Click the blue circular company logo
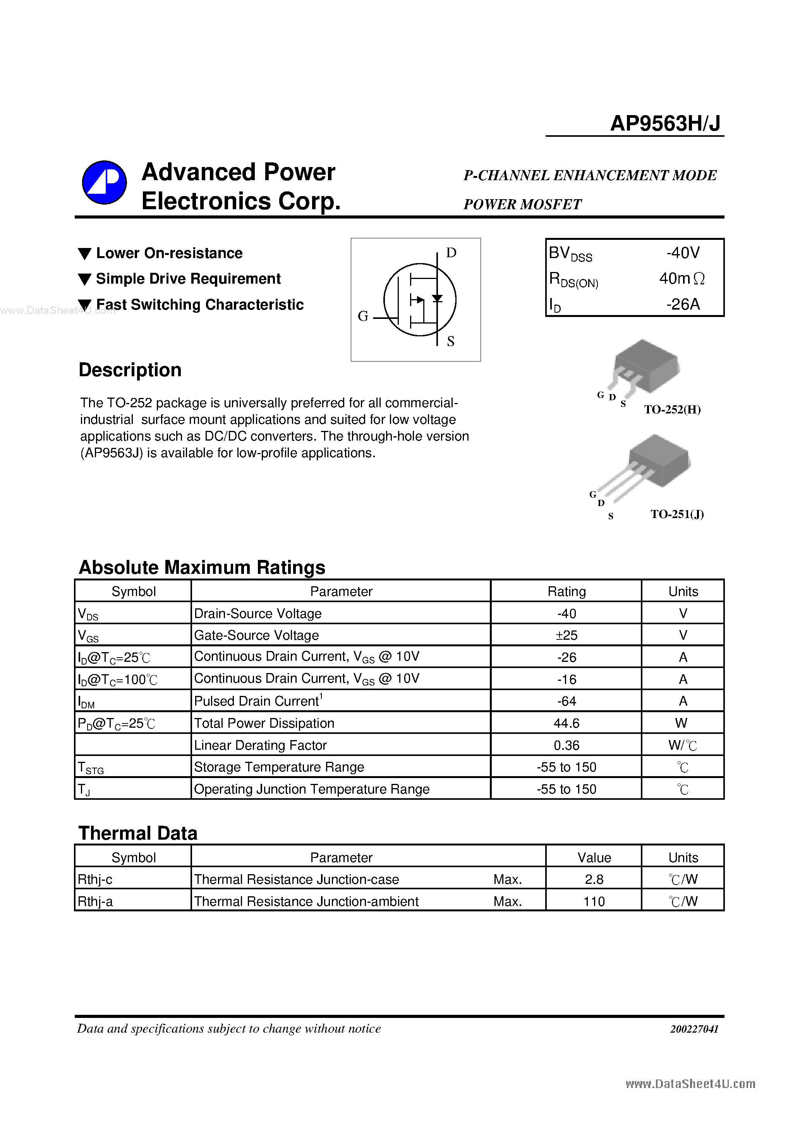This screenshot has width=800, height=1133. click(104, 183)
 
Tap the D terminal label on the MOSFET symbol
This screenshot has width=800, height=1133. click(451, 253)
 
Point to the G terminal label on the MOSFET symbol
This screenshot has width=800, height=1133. click(363, 316)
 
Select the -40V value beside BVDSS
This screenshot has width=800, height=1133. click(683, 253)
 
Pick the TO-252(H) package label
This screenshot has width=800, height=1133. click(672, 410)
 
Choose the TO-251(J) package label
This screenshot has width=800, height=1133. click(677, 514)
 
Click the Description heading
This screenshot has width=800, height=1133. click(130, 370)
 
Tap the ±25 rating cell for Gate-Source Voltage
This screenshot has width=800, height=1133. click(566, 635)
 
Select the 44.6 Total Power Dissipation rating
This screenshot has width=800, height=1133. click(566, 723)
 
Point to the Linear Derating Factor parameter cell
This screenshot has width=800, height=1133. click(261, 745)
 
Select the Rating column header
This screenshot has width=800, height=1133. click(566, 592)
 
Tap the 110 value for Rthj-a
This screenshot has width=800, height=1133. click(594, 902)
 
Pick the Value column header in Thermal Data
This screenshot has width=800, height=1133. click(594, 857)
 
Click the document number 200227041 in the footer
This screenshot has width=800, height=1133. click(694, 1029)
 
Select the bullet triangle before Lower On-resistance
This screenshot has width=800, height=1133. click(85, 254)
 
